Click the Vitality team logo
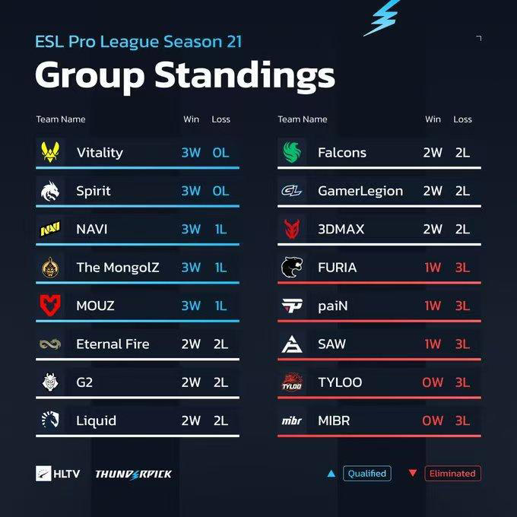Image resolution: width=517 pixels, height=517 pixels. [48, 152]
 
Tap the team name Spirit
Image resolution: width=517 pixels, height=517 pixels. [94, 191]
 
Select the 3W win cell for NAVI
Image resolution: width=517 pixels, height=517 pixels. [191, 229]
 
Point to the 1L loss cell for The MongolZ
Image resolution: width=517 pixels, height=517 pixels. [220, 268]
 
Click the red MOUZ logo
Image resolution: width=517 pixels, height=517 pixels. [48, 306]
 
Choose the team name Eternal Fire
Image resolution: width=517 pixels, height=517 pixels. [113, 344]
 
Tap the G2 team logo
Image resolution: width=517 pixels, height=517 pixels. [48, 382]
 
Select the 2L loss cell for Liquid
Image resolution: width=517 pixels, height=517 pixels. [220, 420]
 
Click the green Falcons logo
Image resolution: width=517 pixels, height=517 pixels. [291, 152]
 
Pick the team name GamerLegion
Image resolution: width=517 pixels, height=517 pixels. [360, 191]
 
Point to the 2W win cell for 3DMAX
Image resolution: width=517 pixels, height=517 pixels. [433, 229]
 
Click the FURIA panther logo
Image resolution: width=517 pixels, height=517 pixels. [291, 268]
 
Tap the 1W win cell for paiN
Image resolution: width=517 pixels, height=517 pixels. [433, 306]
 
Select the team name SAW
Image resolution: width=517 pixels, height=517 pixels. [331, 344]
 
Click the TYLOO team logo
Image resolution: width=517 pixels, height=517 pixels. [291, 382]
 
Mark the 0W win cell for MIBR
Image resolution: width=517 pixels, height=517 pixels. [433, 420]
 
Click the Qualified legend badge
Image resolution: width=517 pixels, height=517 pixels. [366, 473]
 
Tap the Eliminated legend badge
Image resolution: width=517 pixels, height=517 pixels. [452, 473]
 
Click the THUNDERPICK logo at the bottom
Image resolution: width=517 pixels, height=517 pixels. [133, 474]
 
